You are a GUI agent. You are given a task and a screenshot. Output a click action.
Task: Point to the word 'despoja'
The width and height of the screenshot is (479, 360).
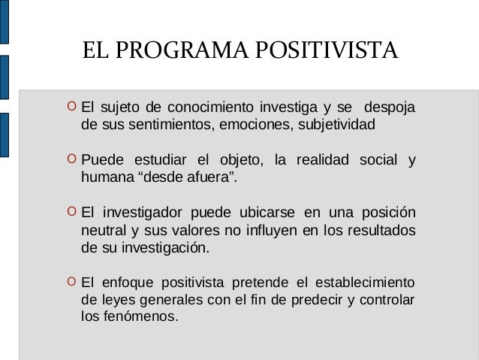click(388, 105)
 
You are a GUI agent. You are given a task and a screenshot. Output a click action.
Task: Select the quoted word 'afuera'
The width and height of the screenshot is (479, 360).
click(212, 177)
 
